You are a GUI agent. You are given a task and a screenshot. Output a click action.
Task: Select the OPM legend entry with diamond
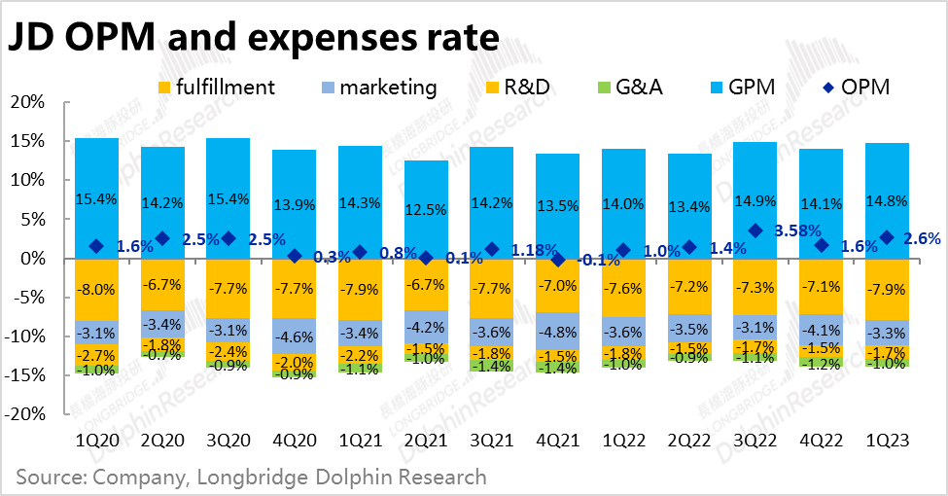pyautogui.click(x=854, y=88)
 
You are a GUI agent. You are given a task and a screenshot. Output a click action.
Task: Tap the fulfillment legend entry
pyautogui.click(x=215, y=88)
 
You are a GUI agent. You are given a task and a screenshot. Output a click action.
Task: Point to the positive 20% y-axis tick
pyautogui.click(x=28, y=102)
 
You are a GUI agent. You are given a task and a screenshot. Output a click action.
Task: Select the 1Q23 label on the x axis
pyautogui.click(x=886, y=441)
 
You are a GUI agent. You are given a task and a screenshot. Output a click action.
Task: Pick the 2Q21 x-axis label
pyautogui.click(x=426, y=441)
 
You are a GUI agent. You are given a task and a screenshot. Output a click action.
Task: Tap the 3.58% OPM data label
pyautogui.click(x=797, y=231)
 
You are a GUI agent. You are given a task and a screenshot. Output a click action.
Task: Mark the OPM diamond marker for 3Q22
pyautogui.click(x=755, y=230)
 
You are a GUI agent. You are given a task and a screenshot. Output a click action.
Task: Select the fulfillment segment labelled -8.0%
pyautogui.click(x=97, y=289)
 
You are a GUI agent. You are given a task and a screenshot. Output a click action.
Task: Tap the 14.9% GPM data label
pyautogui.click(x=754, y=200)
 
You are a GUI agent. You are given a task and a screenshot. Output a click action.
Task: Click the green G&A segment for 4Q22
pyautogui.click(x=820, y=363)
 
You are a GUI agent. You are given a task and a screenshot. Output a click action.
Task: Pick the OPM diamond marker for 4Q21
pyautogui.click(x=557, y=260)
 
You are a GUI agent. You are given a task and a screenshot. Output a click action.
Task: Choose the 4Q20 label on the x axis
pyautogui.click(x=294, y=441)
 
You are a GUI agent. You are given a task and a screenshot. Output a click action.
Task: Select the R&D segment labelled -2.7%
pyautogui.click(x=97, y=355)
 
